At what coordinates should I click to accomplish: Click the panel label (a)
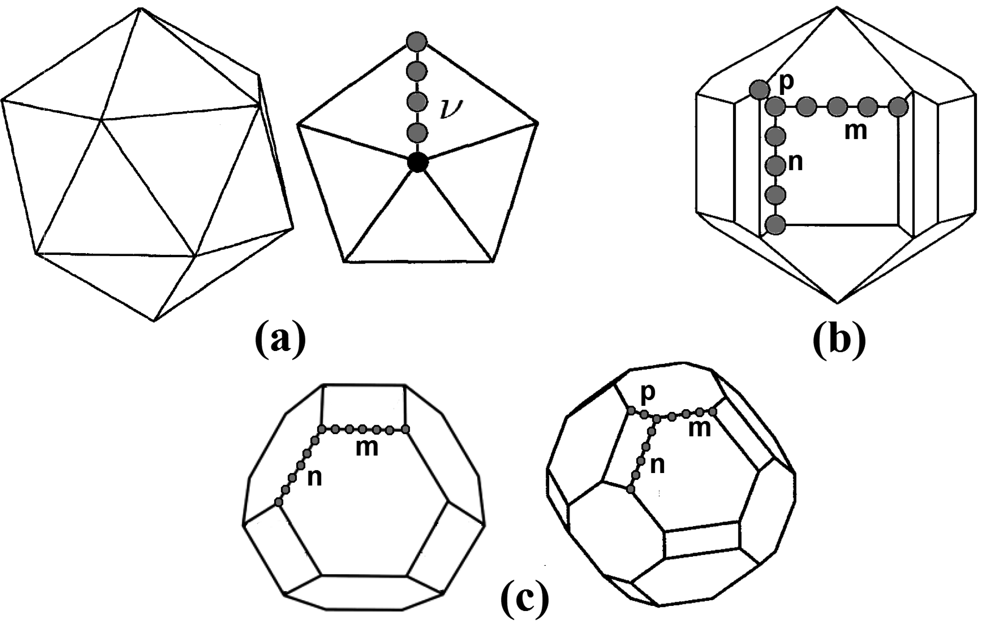pos(280,340)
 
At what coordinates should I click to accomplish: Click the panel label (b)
pos(839,340)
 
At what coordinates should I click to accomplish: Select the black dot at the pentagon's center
pos(418,163)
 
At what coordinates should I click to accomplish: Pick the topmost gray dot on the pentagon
pos(416,42)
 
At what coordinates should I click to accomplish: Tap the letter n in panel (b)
pos(795,162)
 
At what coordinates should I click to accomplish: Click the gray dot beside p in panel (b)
pos(760,90)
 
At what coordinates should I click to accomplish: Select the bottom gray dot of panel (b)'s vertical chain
pos(776,225)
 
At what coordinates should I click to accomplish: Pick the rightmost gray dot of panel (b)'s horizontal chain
pos(899,107)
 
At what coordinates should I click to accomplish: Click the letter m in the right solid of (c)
pos(700,429)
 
